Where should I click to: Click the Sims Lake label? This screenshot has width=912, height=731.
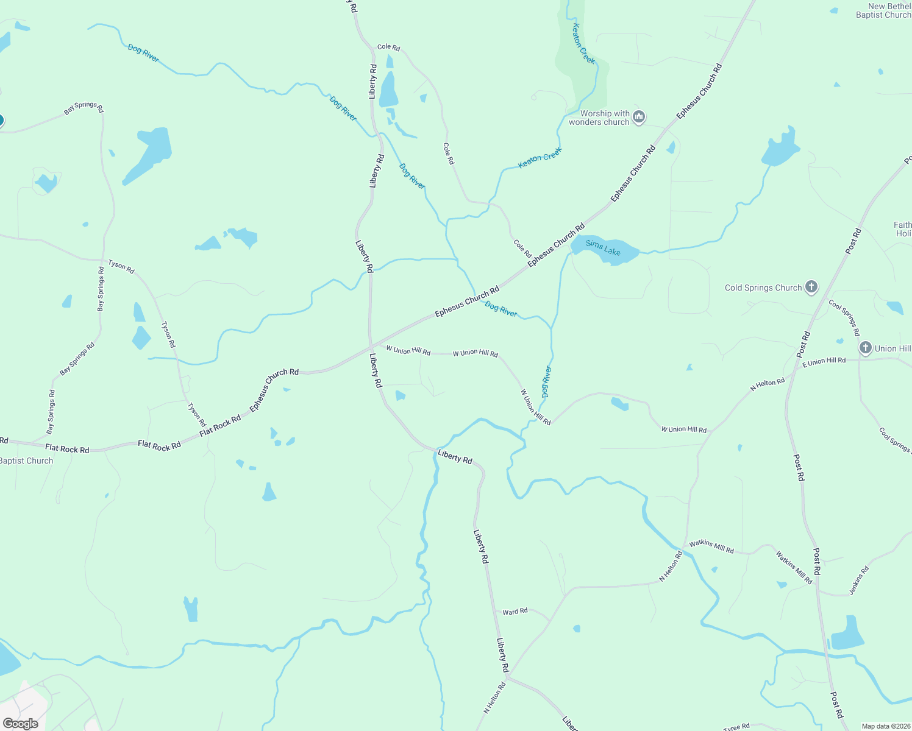point(603,248)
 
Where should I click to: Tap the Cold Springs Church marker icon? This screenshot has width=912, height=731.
point(811,287)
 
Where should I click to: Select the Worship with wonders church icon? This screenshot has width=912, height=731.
point(639,116)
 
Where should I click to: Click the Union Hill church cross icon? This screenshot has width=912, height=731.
point(865,348)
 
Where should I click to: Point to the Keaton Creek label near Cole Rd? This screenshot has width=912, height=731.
point(540,157)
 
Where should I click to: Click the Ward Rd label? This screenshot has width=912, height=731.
point(515,611)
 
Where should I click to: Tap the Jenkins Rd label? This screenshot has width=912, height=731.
point(860,581)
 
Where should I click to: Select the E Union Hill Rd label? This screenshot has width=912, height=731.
point(824,361)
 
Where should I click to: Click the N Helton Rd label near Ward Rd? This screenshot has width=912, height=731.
point(671,567)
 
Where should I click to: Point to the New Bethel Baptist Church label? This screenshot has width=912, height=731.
point(883,11)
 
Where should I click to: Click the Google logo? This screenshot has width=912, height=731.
point(20,724)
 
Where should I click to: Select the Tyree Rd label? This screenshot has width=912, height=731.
point(736,727)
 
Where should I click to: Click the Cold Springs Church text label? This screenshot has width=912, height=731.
point(763,288)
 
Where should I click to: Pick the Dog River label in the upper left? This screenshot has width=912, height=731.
point(143,53)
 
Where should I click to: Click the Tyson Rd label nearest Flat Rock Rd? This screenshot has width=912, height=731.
point(197,415)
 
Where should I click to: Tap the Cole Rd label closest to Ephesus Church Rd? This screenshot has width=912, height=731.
point(522,249)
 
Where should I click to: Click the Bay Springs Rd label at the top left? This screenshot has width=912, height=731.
point(84,107)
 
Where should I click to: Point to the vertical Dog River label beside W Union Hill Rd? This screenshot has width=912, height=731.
point(546,381)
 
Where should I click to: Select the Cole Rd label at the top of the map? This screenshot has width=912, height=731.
point(388,47)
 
